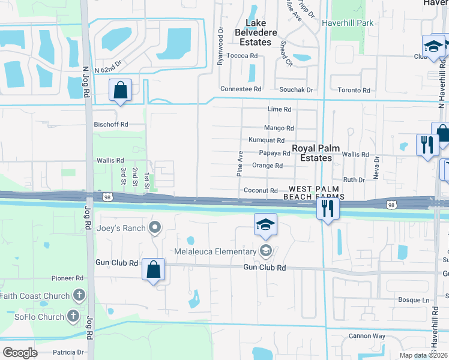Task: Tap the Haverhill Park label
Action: [348, 23]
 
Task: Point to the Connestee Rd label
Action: [241, 89]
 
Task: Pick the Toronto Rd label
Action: [354, 89]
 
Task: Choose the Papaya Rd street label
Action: [274, 153]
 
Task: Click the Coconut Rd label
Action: [261, 191]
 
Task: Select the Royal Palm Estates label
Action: [312, 153]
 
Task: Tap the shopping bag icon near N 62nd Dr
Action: [121, 91]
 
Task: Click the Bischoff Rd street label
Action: [111, 124]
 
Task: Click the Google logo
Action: [20, 353]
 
